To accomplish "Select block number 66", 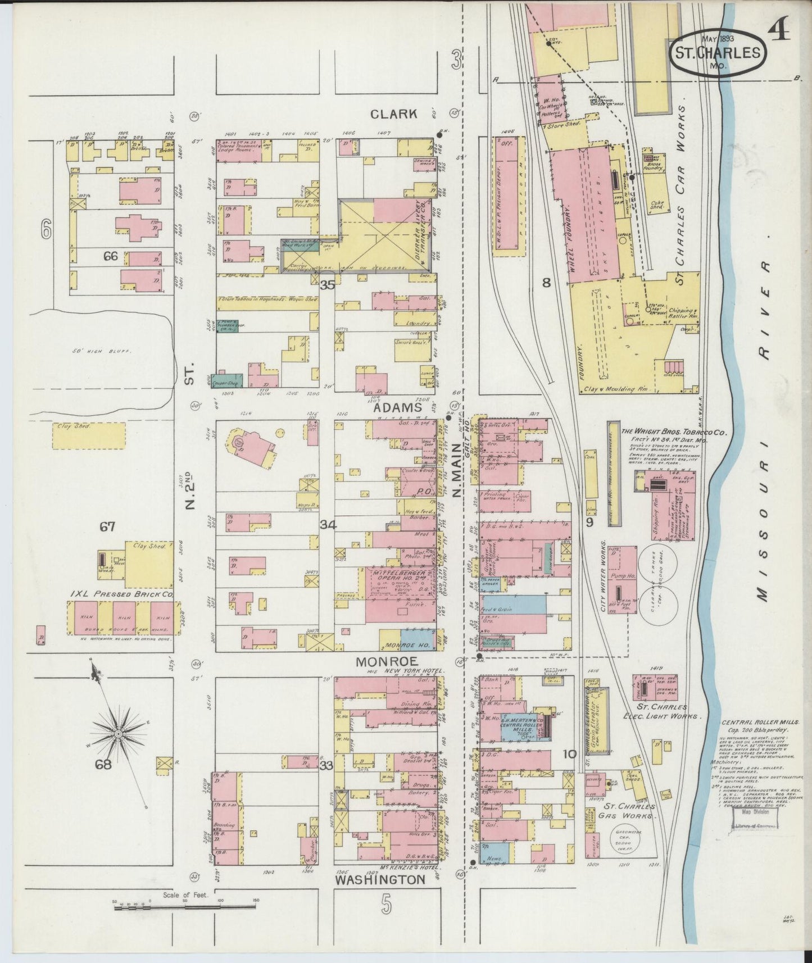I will tap(110, 256).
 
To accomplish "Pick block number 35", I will tap(327, 285).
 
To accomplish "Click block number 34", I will tap(328, 525).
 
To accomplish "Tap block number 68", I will tap(105, 764).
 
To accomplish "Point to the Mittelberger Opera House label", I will tap(400, 574).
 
